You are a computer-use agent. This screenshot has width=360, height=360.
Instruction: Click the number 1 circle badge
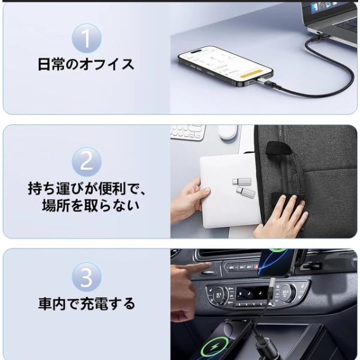pos(86,38)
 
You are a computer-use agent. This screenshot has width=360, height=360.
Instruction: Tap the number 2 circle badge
pos(86,161)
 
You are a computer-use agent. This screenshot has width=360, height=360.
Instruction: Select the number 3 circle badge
pos(86,277)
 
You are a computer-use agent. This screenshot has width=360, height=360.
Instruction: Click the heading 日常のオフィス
pos(86,65)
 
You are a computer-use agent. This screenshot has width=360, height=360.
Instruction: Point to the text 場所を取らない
pos(91,205)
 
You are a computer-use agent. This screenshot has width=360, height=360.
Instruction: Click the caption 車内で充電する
pos(86,304)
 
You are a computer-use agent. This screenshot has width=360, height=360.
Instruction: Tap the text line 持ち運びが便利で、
pos(87,188)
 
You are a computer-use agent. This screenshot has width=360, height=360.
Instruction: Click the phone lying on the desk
pos(226,66)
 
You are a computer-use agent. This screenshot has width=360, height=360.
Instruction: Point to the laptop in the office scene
pos(331,22)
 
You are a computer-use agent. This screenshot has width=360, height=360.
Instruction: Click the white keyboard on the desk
pos(188,132)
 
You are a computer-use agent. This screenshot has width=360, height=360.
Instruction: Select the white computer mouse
pos(228,132)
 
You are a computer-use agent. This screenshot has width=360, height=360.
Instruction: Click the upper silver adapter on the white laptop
pos(241,181)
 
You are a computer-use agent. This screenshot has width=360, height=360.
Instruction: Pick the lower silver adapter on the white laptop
pos(245,192)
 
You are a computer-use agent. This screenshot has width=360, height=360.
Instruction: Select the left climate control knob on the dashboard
pos(218,295)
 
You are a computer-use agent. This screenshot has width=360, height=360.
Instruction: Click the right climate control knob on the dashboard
pos(286,292)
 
